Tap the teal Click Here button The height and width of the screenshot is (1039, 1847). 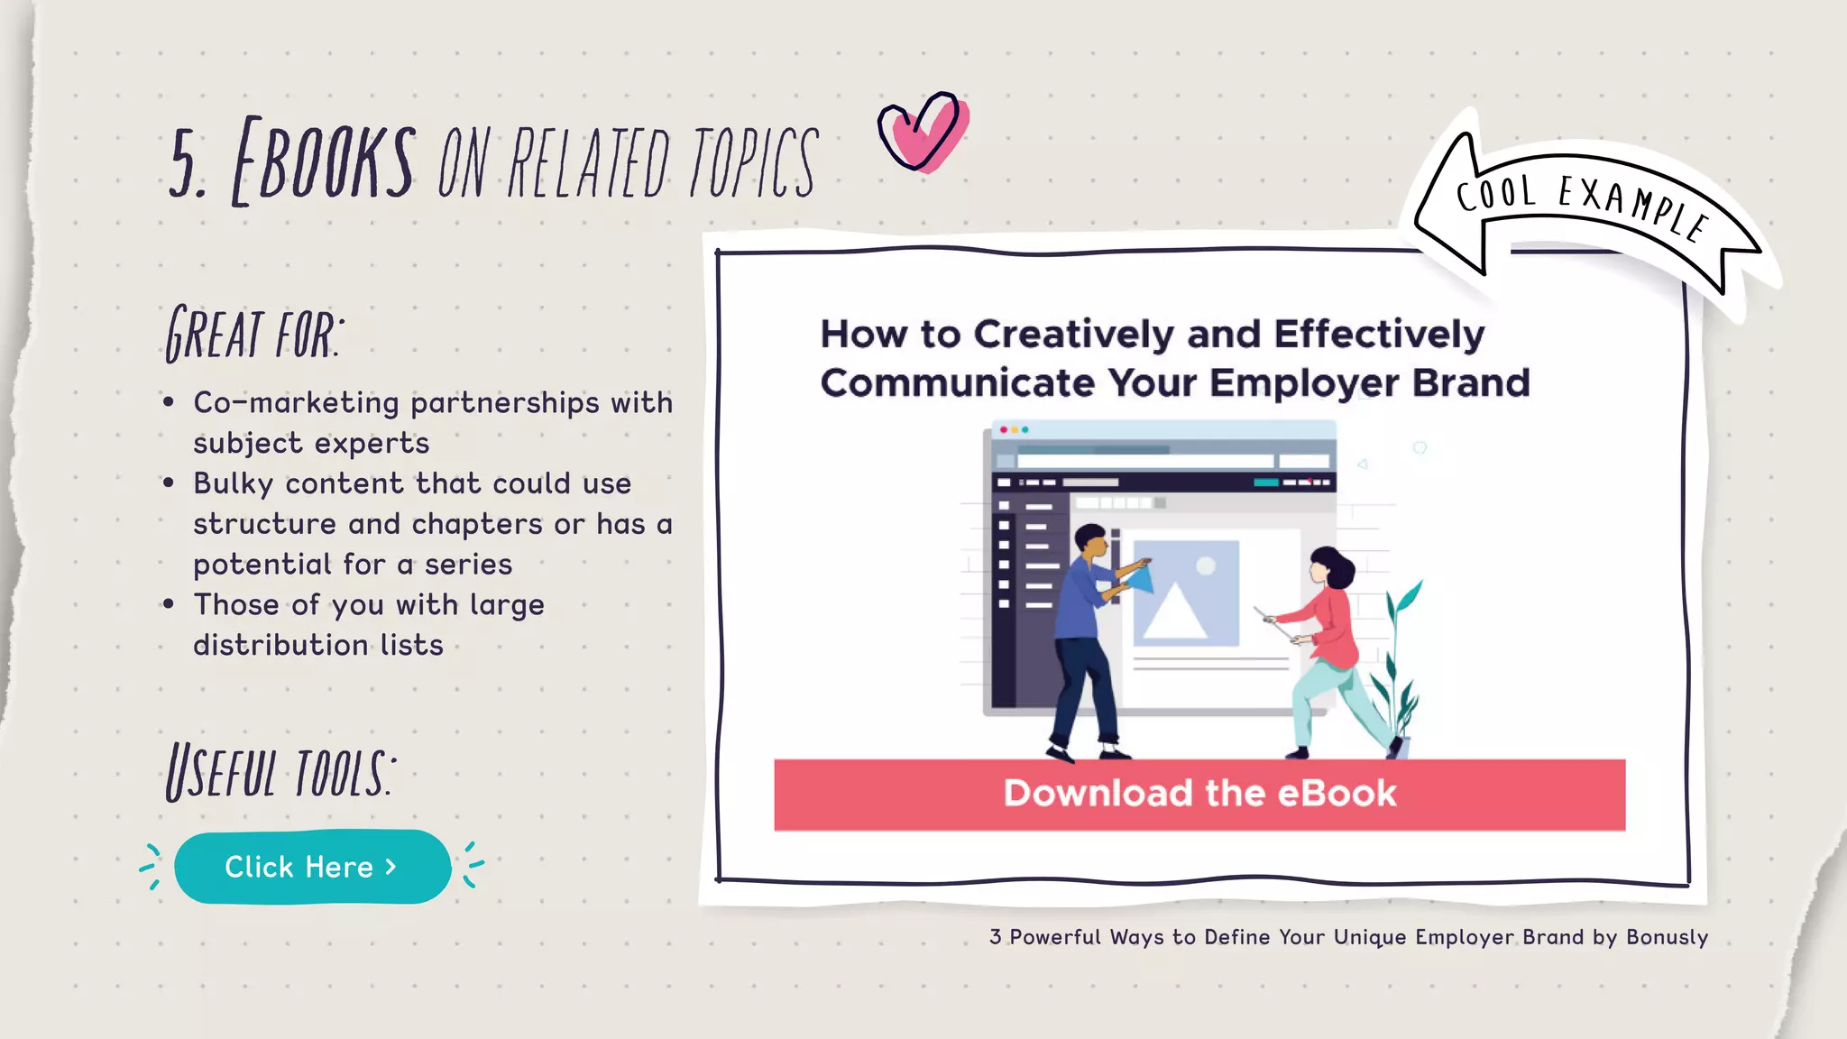tap(312, 867)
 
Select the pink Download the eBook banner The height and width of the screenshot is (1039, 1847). tap(1199, 795)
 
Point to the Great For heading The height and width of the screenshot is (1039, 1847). tap(253, 335)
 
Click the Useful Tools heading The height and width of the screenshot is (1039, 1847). tap(280, 773)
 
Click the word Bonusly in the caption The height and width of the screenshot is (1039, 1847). tap(1667, 937)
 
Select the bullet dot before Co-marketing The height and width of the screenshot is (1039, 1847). tap(169, 402)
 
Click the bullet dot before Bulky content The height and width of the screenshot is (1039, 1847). tap(169, 483)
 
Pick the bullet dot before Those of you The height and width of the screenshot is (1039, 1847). tap(169, 604)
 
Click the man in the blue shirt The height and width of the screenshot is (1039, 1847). tap(1087, 631)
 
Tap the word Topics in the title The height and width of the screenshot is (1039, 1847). tap(753, 162)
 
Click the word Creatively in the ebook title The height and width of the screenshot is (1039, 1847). tap(1073, 335)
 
